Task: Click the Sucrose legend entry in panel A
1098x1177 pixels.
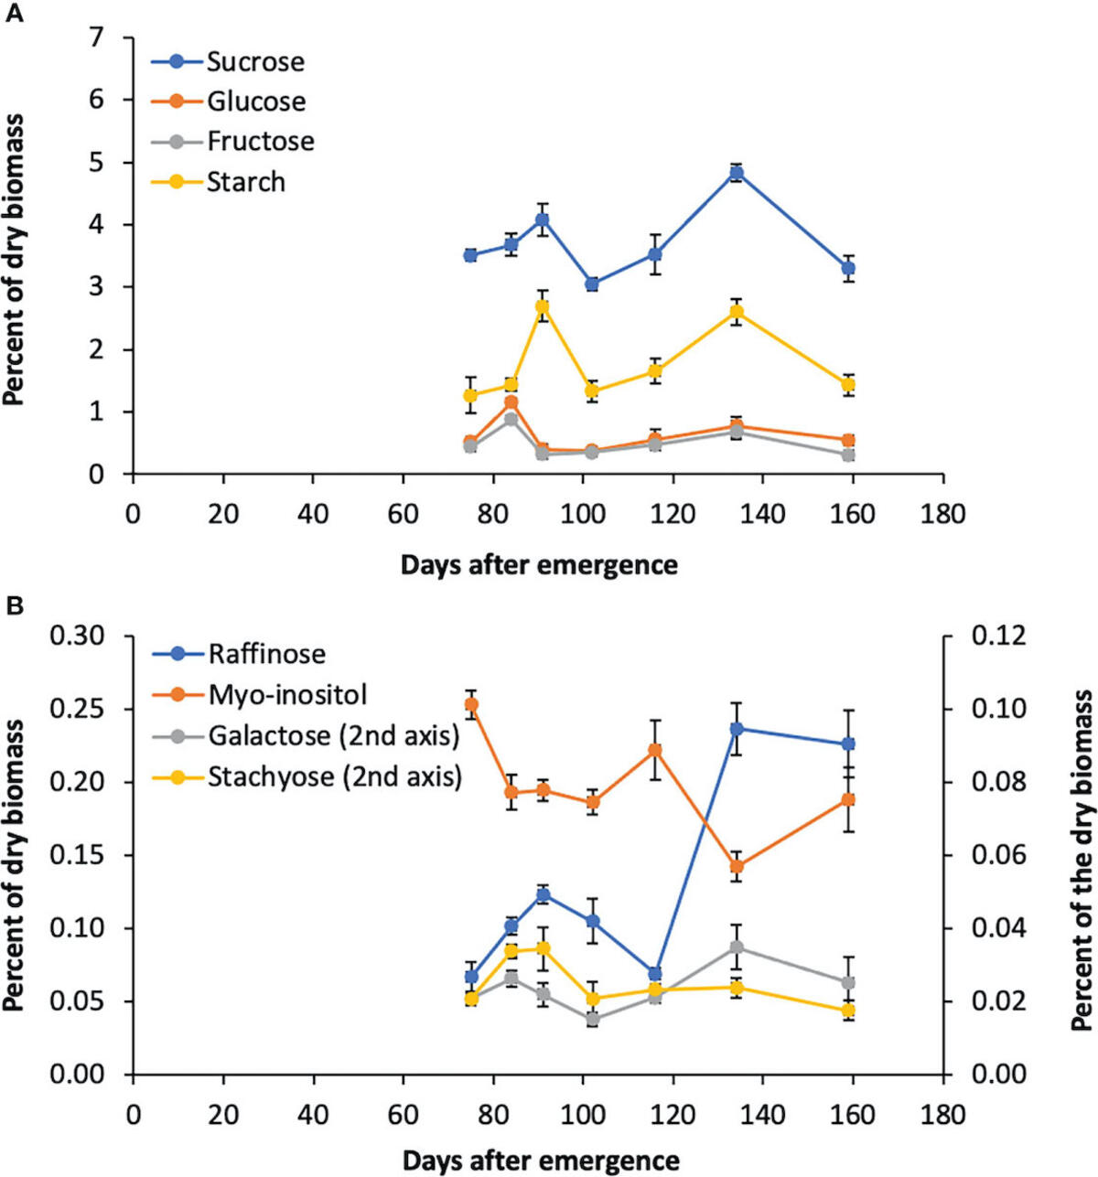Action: pos(254,62)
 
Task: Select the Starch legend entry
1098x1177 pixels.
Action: pos(245,182)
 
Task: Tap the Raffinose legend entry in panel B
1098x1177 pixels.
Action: pos(266,654)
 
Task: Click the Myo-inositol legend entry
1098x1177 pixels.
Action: pos(287,695)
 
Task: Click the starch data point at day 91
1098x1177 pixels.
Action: pos(543,306)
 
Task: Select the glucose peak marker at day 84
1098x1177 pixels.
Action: pos(511,402)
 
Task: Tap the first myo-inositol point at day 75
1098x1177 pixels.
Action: pos(471,704)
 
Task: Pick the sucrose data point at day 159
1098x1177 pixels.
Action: pos(849,268)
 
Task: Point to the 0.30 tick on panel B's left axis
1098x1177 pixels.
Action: pos(80,636)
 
